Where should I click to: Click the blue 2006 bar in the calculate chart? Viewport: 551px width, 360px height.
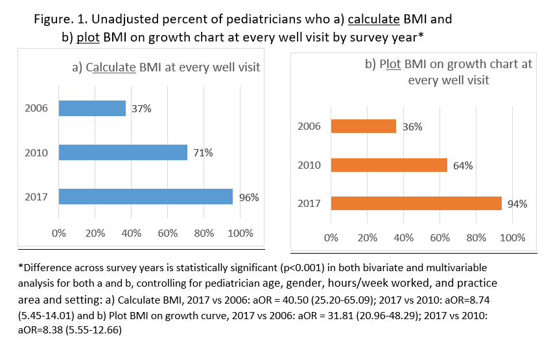(92, 108)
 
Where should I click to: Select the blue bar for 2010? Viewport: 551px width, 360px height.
(123, 152)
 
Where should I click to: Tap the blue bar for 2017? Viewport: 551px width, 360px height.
(146, 197)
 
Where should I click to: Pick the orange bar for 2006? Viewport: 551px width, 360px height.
(364, 126)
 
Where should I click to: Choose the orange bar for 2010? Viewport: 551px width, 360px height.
(389, 165)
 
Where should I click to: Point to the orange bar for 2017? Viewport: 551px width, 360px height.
(416, 203)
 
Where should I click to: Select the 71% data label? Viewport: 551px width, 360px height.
(202, 153)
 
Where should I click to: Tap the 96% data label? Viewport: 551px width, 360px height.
(248, 197)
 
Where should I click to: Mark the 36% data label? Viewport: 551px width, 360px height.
(412, 127)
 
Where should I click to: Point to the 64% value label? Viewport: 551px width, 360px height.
(463, 165)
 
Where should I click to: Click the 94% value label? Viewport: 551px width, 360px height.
(517, 204)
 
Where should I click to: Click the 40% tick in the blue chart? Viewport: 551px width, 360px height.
(132, 233)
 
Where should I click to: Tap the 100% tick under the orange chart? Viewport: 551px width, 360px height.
(512, 237)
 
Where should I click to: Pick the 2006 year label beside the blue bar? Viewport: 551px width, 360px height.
(36, 108)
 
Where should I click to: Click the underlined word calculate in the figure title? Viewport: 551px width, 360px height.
(374, 19)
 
